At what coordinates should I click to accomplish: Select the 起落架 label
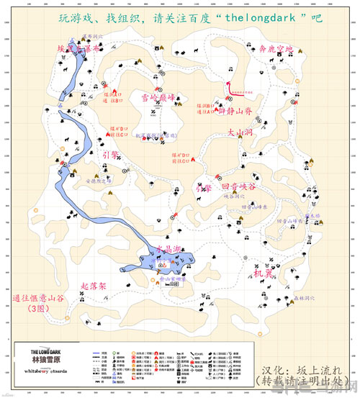coord(94,286)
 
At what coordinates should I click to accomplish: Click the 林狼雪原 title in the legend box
coord(38,358)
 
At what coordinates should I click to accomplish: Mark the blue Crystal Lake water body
coord(173,258)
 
